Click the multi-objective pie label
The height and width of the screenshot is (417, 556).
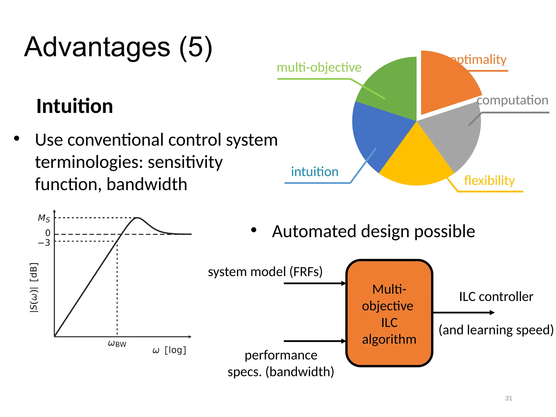click(319, 67)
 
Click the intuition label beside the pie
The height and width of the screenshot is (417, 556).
click(315, 172)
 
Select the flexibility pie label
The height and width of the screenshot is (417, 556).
click(489, 181)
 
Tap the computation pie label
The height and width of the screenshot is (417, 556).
click(513, 100)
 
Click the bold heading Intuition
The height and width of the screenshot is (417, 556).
click(75, 106)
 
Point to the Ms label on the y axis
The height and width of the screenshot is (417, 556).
click(44, 218)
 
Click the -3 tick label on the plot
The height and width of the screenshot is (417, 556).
click(44, 242)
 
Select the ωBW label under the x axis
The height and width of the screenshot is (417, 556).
click(117, 344)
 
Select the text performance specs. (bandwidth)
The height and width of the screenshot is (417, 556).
click(281, 364)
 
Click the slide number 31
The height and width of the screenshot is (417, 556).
click(508, 398)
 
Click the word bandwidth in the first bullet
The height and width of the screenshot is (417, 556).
click(147, 184)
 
